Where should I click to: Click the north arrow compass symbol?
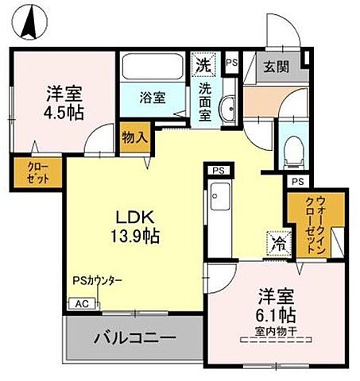[x=29, y=21]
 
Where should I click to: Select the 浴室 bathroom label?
[x=153, y=98]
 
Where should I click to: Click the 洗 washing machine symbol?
[x=203, y=63]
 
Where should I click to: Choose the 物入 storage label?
[x=135, y=137]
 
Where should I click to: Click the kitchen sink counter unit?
[x=220, y=215]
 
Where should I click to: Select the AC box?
[x=81, y=303]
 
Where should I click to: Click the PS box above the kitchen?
[x=217, y=170]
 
